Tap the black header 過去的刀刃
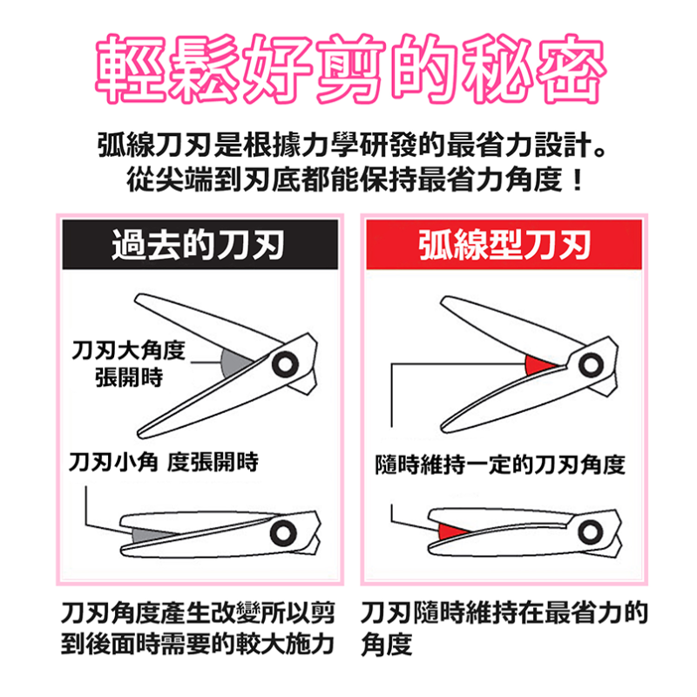pos(200,246)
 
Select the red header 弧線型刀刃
pos(504,246)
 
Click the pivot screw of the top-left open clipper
pos(283,363)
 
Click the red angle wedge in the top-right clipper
pos(540,363)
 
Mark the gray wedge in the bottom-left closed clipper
pos(148,531)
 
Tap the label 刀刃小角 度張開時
pos(164,462)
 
